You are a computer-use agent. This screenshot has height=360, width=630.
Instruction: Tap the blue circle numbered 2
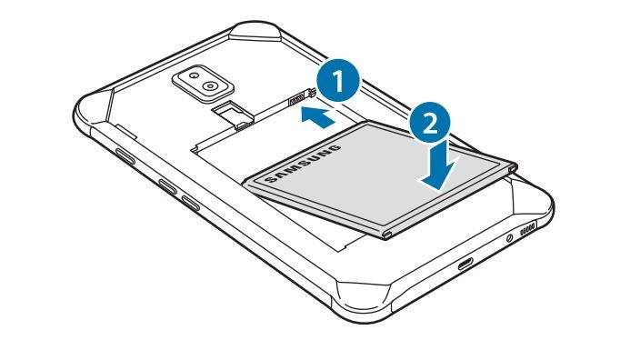tap(430, 123)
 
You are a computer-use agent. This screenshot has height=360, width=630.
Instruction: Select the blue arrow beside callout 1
tap(318, 116)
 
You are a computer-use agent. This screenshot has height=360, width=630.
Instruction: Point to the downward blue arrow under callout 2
tap(439, 168)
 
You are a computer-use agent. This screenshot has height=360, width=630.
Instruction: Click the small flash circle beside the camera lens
tap(194, 75)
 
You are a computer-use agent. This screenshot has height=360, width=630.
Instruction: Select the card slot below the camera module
tap(234, 115)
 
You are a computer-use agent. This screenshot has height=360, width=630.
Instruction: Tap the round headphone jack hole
tap(510, 238)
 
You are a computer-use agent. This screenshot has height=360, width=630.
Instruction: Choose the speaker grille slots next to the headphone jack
tap(527, 228)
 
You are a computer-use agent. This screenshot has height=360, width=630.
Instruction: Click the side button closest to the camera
tap(125, 156)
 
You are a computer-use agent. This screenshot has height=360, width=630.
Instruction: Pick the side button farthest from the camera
tap(190, 204)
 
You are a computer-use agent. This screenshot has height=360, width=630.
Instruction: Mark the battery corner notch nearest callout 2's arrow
tap(513, 168)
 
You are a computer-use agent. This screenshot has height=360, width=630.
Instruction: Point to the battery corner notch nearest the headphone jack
tap(386, 235)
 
